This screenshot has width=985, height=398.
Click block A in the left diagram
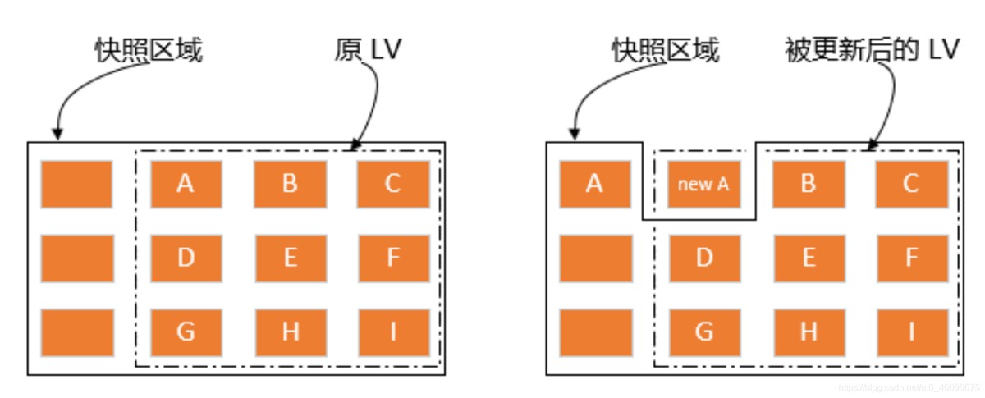tap(186, 184)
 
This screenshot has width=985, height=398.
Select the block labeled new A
tap(703, 184)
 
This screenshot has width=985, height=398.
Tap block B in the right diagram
tap(808, 184)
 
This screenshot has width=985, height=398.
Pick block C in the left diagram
tap(392, 184)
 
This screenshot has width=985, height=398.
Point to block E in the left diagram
tap(290, 258)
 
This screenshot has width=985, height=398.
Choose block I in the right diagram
tap(911, 332)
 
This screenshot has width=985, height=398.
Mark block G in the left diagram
tap(186, 332)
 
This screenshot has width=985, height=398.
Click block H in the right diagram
tap(808, 332)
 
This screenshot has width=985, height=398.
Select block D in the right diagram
tap(703, 258)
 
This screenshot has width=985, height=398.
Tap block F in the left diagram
tap(392, 258)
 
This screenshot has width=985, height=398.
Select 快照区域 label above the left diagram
tap(148, 50)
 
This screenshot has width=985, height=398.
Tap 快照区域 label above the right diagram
tap(666, 50)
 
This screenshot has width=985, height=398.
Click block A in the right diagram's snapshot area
tap(595, 184)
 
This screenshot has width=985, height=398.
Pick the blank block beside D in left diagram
tap(77, 258)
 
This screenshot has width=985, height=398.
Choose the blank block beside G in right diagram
tap(595, 332)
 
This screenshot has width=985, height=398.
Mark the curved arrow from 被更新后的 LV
tap(888, 103)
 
